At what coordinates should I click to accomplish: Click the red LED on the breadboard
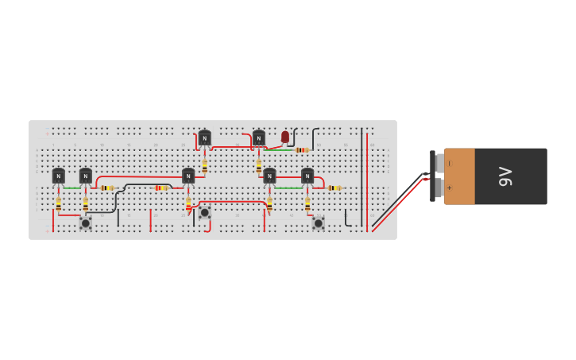point(285,137)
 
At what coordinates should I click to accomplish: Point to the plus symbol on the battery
point(449,188)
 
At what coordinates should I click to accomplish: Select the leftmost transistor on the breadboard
point(59,176)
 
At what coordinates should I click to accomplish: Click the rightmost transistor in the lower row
point(307,176)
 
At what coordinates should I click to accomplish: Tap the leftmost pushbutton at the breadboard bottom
point(86,223)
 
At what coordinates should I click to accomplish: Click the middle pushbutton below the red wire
point(205,212)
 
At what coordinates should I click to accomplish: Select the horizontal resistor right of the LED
point(301,149)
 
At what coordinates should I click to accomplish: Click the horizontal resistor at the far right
point(334,188)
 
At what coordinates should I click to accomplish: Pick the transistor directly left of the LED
point(258,138)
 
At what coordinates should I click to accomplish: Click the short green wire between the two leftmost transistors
point(72,188)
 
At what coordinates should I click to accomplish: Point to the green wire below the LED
point(279,149)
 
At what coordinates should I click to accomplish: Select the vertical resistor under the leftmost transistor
point(59,203)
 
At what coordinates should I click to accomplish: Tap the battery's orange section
point(459,176)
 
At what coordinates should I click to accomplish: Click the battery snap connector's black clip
point(432,176)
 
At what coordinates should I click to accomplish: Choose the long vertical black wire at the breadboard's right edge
point(361,176)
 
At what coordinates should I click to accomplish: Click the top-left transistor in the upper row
point(205,138)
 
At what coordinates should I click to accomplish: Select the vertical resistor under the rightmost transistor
point(307,203)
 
